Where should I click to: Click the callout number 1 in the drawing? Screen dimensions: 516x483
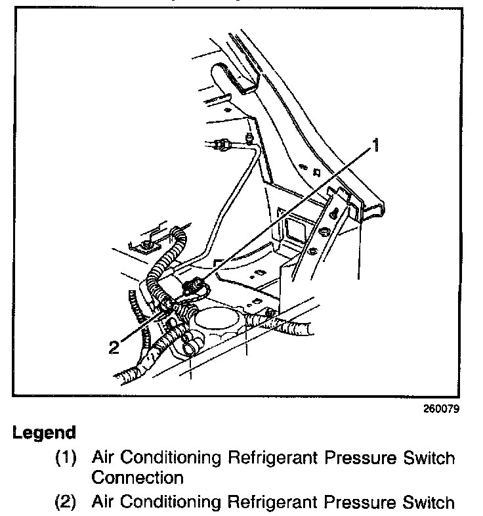coord(375,144)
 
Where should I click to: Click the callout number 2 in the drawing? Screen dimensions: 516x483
coord(114,346)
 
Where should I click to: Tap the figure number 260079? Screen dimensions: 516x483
coord(441,408)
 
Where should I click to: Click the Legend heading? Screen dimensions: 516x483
coord(44,433)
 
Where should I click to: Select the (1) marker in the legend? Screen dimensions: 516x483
coord(66,457)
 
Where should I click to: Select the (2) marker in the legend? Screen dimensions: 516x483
coord(66,502)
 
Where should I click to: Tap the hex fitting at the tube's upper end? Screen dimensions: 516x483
coord(222,142)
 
